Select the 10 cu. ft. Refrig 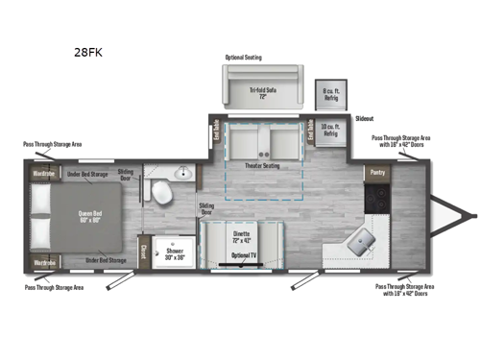click(x=329, y=132)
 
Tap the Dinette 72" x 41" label click(x=242, y=236)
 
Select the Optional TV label click(x=242, y=256)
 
